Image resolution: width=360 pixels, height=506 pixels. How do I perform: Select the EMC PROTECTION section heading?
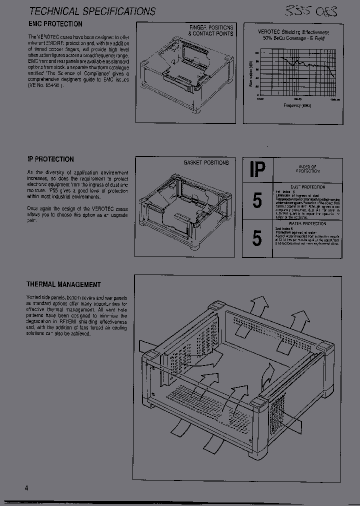[x=54, y=24]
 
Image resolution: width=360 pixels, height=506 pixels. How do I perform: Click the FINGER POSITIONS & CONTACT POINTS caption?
[x=210, y=30]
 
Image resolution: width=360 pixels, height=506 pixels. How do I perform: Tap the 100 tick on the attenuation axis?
[x=256, y=53]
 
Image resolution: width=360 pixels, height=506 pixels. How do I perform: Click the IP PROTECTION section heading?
[x=50, y=159]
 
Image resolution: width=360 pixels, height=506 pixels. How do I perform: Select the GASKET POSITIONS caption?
[x=206, y=162]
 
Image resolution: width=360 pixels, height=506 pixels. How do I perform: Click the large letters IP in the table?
[x=257, y=170]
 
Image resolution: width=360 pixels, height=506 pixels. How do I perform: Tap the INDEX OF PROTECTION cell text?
[x=307, y=169]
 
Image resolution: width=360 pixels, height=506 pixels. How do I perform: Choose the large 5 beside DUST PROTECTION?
[x=257, y=200]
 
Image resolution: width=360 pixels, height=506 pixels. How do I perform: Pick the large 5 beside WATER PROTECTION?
[x=257, y=238]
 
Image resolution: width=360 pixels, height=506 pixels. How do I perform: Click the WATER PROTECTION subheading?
[x=307, y=224]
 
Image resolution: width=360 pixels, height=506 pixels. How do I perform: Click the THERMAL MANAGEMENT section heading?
[x=63, y=284]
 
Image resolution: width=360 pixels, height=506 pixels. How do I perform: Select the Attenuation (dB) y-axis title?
[x=249, y=74]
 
